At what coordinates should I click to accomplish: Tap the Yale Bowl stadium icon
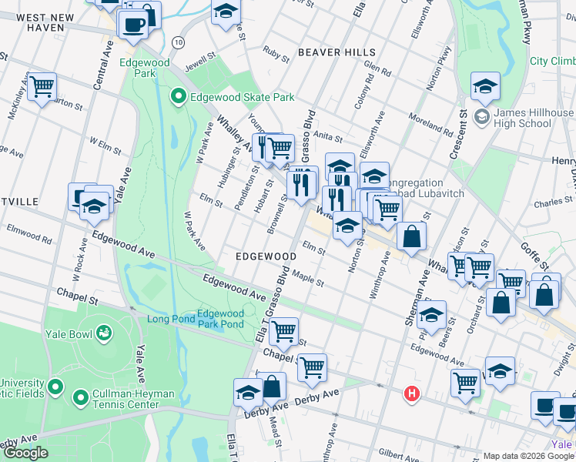pos(102,333)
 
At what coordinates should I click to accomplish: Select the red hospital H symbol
pos(412,394)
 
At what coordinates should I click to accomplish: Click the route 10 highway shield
pos(179,42)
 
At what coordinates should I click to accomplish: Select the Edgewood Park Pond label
pos(220,319)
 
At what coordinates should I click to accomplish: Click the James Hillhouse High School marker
pos(483,117)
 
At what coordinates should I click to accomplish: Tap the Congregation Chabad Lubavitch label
pos(424,189)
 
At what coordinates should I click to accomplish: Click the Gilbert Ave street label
pos(397,452)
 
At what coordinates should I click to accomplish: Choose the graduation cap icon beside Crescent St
pos(485,87)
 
